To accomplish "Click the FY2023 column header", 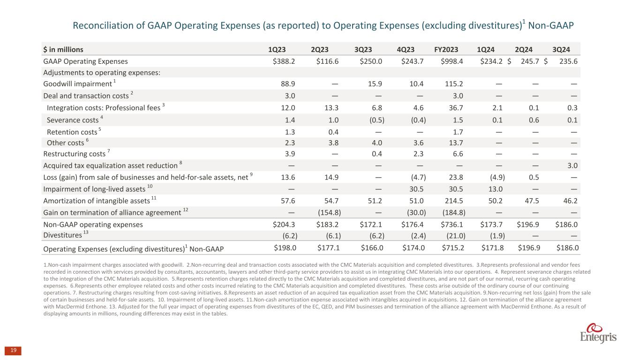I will (x=446, y=49).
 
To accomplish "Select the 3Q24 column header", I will (x=561, y=49).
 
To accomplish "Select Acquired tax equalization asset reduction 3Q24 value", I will (x=572, y=166).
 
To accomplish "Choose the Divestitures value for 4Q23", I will (x=417, y=235).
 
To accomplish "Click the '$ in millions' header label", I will (x=64, y=49).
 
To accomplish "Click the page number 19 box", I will (x=14, y=351).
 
